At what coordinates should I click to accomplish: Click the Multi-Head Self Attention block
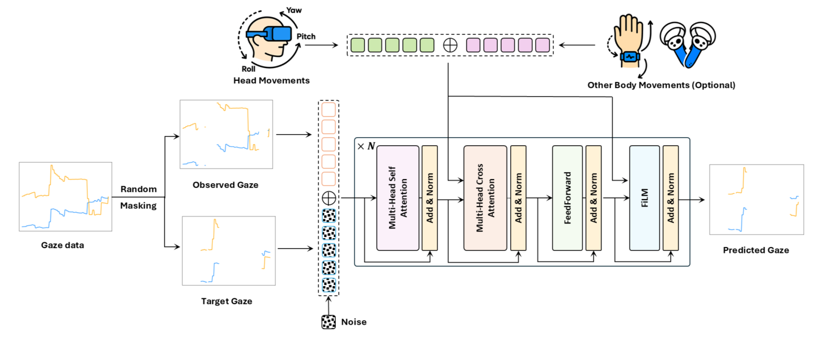coord(398,198)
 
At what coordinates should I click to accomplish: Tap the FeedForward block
coord(567,198)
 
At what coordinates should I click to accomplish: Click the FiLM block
coord(644,198)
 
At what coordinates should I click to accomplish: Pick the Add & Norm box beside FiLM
coord(671,198)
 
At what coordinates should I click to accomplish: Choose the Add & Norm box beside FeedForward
coord(594,198)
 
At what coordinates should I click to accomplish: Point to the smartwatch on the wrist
coord(630,56)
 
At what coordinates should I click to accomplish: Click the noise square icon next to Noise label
coord(328,322)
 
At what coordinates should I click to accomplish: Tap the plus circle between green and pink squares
coord(449,45)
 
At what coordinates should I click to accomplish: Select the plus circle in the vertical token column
coord(328,198)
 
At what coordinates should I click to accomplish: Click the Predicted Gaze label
coord(756,250)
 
